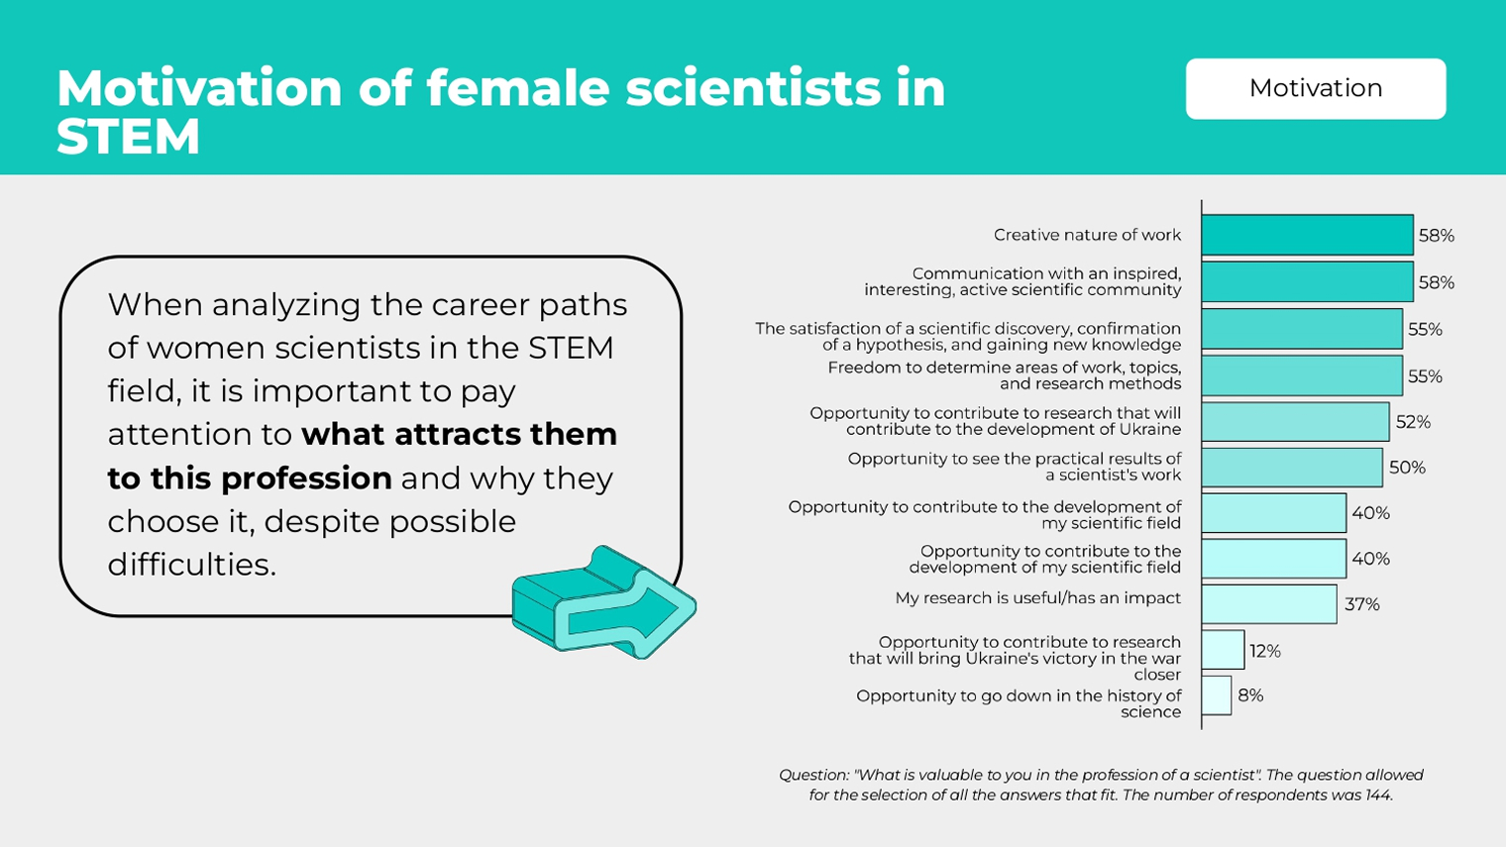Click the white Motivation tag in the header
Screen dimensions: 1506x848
[x=1316, y=89]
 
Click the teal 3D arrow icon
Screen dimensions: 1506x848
[x=603, y=603]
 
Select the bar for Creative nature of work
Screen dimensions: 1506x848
[x=1307, y=235]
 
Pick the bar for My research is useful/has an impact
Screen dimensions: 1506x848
[x=1269, y=604]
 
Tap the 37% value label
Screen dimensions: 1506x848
[x=1361, y=604]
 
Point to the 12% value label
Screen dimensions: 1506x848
[x=1264, y=651]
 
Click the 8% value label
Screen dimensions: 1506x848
[x=1250, y=695]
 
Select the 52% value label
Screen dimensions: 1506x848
[x=1413, y=422]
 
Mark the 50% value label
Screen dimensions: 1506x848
[x=1407, y=468]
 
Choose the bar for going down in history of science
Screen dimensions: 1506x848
[x=1217, y=695]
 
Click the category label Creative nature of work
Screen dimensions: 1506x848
[x=1087, y=235]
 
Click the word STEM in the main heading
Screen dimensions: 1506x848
[x=129, y=137]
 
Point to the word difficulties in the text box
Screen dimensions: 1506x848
[x=191, y=565]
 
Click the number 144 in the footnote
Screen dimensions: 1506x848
[x=1378, y=795]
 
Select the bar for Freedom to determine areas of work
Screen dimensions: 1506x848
[x=1302, y=375]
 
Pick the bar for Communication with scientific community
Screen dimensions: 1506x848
[x=1307, y=281]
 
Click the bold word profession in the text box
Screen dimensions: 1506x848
[x=306, y=479]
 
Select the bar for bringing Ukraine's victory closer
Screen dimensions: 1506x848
[x=1223, y=650]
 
